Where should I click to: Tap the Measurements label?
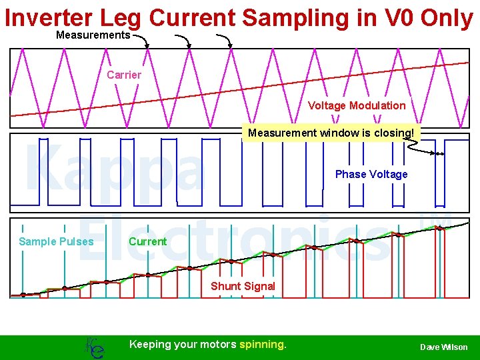click(93, 35)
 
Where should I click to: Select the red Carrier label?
click(123, 75)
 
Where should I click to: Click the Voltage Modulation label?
click(356, 105)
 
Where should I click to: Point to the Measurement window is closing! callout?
click(331, 133)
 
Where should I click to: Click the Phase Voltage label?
click(371, 174)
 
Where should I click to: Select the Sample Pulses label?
click(56, 241)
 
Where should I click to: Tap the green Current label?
click(147, 241)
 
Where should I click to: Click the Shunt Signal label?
click(243, 286)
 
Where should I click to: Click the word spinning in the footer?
click(263, 345)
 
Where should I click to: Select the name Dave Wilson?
click(443, 347)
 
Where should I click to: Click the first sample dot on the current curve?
click(23, 294)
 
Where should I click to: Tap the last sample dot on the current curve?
click(439, 228)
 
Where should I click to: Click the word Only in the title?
click(447, 18)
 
